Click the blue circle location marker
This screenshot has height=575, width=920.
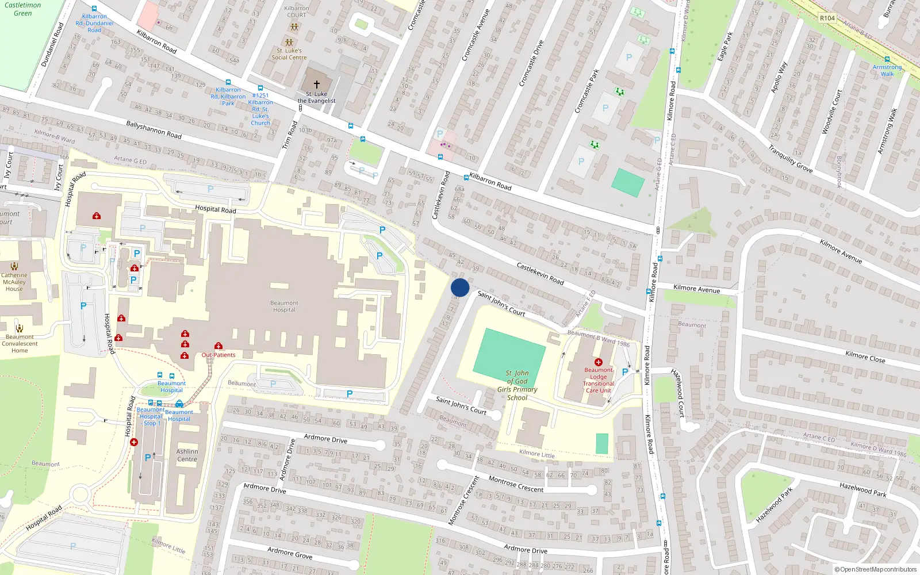click(x=460, y=287)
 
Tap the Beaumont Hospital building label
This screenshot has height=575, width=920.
click(x=284, y=306)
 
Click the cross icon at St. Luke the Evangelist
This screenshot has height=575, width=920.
click(x=316, y=84)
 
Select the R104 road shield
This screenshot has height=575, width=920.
click(x=827, y=18)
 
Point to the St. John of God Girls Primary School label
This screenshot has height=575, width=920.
click(x=517, y=385)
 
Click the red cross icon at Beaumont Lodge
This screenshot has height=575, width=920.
click(x=598, y=362)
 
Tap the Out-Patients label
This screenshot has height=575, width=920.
click(x=218, y=355)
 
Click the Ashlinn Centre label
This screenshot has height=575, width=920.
click(x=187, y=455)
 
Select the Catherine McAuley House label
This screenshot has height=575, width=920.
click(x=14, y=282)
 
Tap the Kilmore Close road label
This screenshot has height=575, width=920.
click(x=865, y=357)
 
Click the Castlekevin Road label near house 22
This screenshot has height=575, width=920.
click(x=540, y=274)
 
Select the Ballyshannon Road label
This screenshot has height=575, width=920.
click(x=154, y=130)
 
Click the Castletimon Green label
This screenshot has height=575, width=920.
click(x=23, y=9)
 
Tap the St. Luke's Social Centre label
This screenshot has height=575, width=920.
click(x=289, y=54)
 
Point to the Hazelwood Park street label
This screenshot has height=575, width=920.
click(x=862, y=489)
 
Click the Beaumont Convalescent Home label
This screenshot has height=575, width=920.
click(x=20, y=343)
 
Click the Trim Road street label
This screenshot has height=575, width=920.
click(x=290, y=135)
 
